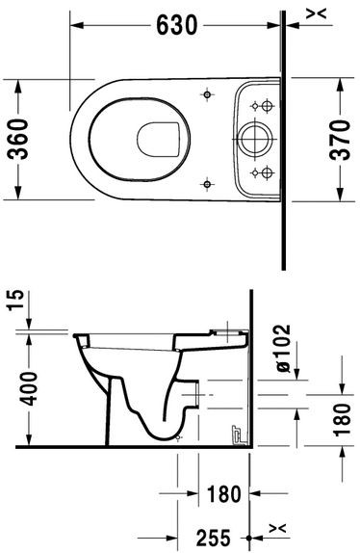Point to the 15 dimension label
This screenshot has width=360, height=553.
pyautogui.click(x=13, y=307)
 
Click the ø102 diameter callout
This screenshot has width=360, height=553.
pyautogui.click(x=280, y=347)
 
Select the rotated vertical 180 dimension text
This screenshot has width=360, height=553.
pyautogui.click(x=342, y=420)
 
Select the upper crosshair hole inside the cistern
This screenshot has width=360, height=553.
pyautogui.click(x=255, y=105)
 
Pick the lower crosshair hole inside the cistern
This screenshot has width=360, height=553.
pyautogui.click(x=255, y=173)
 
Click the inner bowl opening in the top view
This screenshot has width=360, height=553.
pyautogui.click(x=158, y=138)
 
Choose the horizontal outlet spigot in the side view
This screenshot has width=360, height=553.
pyautogui.click(x=195, y=393)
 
